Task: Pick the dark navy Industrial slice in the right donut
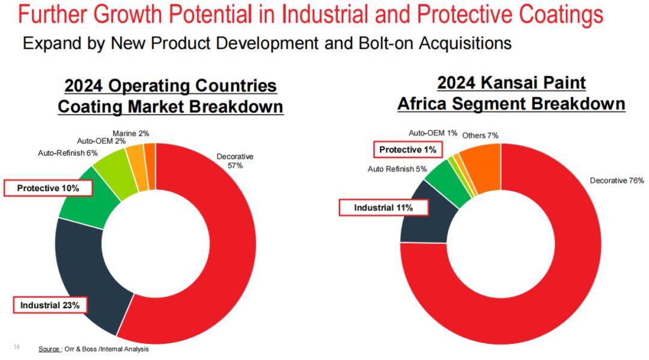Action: [x=424, y=216]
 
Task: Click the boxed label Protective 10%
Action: [x=48, y=188]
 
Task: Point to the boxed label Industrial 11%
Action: [x=383, y=208]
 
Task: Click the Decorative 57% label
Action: [x=235, y=161]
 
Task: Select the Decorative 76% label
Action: [x=617, y=180]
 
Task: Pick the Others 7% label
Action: [x=480, y=135]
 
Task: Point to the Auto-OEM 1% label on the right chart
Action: [x=433, y=133]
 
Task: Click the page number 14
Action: [x=16, y=347]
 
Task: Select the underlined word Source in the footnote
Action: [x=49, y=349]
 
